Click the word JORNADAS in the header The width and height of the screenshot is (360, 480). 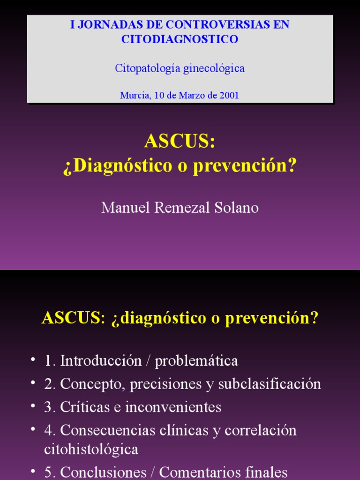click(x=104, y=25)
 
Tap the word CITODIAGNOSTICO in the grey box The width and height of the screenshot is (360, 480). click(x=180, y=39)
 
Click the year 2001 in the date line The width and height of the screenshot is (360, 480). click(x=229, y=95)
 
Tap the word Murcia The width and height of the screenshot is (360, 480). click(x=135, y=95)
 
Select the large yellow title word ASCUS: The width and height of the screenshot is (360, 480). click(x=180, y=141)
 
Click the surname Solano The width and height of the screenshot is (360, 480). click(x=237, y=208)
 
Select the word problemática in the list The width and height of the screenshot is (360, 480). click(x=196, y=361)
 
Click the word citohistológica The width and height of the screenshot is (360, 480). click(x=91, y=450)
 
